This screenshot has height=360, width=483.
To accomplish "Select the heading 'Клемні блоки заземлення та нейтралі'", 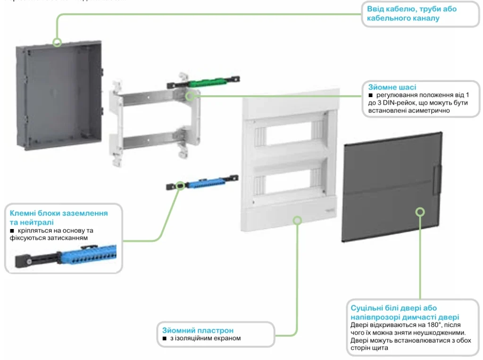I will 58,217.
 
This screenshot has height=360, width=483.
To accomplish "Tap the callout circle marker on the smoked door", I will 419,212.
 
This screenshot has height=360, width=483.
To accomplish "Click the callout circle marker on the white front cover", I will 297,219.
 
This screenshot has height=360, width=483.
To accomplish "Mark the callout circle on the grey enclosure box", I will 57,42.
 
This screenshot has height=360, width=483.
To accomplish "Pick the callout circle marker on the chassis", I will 191,96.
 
